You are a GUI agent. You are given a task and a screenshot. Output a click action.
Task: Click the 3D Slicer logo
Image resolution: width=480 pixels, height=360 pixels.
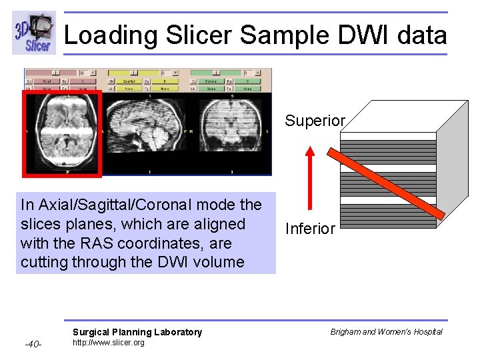coord(33,33)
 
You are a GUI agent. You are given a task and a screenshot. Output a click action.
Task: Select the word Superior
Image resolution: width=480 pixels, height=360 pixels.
coord(315,121)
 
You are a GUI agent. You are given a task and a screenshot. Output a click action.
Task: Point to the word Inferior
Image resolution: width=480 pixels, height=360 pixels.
coord(310,229)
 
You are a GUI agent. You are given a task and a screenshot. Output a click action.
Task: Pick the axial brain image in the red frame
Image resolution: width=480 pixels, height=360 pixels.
coord(61,133)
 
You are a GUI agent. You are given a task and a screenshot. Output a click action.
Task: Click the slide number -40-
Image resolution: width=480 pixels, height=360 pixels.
coord(33,344)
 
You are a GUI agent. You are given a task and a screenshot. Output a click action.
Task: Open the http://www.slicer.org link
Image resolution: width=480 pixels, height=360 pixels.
coord(108,343)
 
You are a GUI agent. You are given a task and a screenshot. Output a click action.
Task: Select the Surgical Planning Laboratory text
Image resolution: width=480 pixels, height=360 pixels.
coord(137,332)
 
